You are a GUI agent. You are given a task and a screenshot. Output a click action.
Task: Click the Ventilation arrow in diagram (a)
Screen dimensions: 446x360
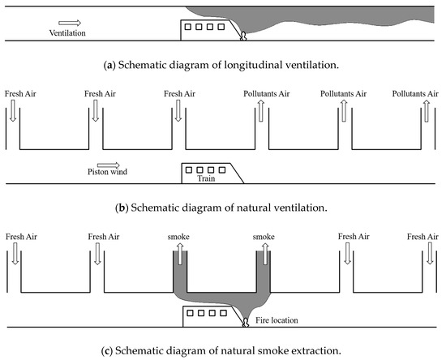[70, 23]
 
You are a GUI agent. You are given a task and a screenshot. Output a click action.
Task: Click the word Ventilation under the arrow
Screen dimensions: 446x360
[67, 33]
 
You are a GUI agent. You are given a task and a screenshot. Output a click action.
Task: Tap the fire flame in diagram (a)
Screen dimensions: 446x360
[243, 36]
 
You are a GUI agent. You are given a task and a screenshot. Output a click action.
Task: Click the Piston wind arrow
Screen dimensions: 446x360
[109, 165]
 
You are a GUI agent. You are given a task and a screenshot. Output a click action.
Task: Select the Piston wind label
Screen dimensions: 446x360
[107, 172]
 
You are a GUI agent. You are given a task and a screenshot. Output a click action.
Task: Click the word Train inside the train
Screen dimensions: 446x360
[206, 178]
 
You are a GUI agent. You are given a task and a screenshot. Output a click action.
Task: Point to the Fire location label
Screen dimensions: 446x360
[277, 320]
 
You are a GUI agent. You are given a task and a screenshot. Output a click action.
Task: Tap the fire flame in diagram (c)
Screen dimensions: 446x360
[245, 323]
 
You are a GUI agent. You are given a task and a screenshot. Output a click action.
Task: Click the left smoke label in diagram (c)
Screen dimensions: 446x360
[178, 237]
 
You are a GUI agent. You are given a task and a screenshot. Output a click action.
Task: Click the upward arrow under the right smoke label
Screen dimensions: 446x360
[265, 255]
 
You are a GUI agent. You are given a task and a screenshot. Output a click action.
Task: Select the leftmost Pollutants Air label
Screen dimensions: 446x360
[267, 94]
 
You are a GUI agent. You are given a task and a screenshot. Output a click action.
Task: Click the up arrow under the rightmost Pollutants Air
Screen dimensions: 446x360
[427, 111]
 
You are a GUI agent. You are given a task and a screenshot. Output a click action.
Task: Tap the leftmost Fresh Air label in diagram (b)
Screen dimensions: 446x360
[20, 94]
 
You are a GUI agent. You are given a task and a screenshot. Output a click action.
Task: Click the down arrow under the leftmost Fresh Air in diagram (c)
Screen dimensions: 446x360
[15, 254]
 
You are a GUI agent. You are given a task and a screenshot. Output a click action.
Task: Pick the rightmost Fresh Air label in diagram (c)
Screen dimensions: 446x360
[422, 237]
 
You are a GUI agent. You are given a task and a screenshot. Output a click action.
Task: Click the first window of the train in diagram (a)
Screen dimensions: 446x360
[188, 27]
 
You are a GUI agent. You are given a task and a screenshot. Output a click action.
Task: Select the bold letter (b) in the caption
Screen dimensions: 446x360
[122, 208]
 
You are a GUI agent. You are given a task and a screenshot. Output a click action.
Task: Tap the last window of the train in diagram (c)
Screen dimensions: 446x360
[223, 313]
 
